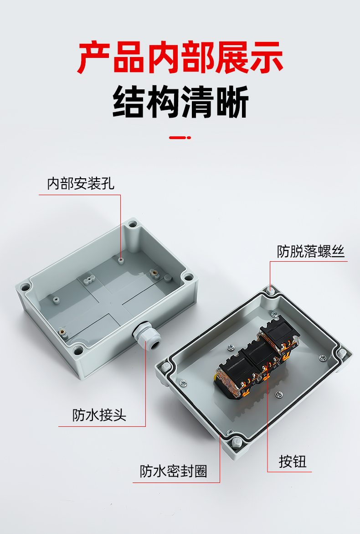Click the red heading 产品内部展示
tap(180, 57)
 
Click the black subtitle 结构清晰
tap(180, 102)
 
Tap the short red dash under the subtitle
tap(180, 138)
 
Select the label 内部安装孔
tap(81, 184)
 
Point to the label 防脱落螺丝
tap(311, 251)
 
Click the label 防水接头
tap(99, 415)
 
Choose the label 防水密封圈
tap(173, 471)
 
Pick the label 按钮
tap(293, 461)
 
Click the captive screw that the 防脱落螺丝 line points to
tap(271, 290)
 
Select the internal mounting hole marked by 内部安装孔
tap(120, 260)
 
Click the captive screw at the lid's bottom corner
tap(237, 442)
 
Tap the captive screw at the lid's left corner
tap(166, 367)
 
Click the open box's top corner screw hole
tap(132, 225)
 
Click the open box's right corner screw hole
tap(189, 276)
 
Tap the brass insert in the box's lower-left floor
tap(62, 330)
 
